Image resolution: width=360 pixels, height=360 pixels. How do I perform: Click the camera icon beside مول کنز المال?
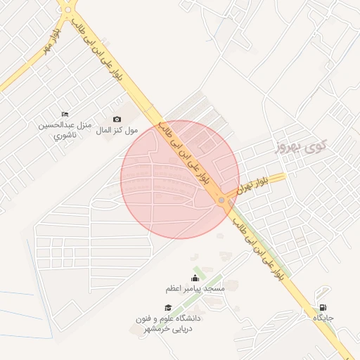(117, 120)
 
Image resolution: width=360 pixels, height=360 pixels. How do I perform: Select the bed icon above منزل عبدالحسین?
(65, 115)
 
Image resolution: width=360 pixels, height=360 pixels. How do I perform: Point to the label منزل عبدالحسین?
(65, 125)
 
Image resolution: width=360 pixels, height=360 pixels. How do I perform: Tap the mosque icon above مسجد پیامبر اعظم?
(195, 278)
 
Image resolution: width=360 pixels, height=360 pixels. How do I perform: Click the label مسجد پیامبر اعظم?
(195, 289)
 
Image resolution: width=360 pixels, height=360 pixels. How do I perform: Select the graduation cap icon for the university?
(168, 308)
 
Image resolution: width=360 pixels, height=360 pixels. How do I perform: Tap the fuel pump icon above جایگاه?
(323, 307)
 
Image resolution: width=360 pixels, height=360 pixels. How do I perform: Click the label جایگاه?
(323, 318)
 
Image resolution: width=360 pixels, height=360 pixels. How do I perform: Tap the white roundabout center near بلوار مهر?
(67, 9)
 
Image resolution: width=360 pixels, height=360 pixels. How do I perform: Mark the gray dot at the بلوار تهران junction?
(221, 200)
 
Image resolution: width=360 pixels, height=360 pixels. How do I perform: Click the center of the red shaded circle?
(180, 179)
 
